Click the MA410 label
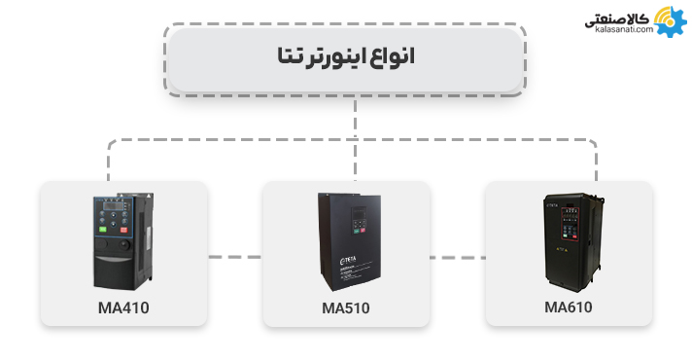coord(122,308)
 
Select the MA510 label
coord(346,308)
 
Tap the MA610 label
coord(569,308)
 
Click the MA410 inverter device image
coord(123,240)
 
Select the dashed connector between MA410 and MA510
coord(234,257)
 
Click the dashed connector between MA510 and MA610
coord(457,257)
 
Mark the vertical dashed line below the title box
coord(356,117)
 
